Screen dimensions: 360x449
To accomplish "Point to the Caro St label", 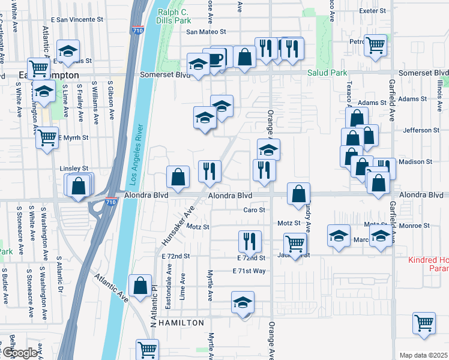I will coord(254,210).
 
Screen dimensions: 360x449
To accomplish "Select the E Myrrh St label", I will coord(73,137).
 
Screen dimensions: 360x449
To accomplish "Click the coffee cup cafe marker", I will coord(215,59).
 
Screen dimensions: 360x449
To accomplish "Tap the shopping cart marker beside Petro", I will coord(376,45).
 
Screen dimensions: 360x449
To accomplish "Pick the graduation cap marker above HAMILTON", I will coord(243,302).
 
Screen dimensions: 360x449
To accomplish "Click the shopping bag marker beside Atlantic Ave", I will coord(140,286).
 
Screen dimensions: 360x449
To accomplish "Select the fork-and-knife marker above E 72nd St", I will coord(250,242).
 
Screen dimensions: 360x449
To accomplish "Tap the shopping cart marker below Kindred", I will coord(424,323).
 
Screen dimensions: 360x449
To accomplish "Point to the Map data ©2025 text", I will coord(423,355).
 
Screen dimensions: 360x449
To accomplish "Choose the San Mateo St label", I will coord(205,32).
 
